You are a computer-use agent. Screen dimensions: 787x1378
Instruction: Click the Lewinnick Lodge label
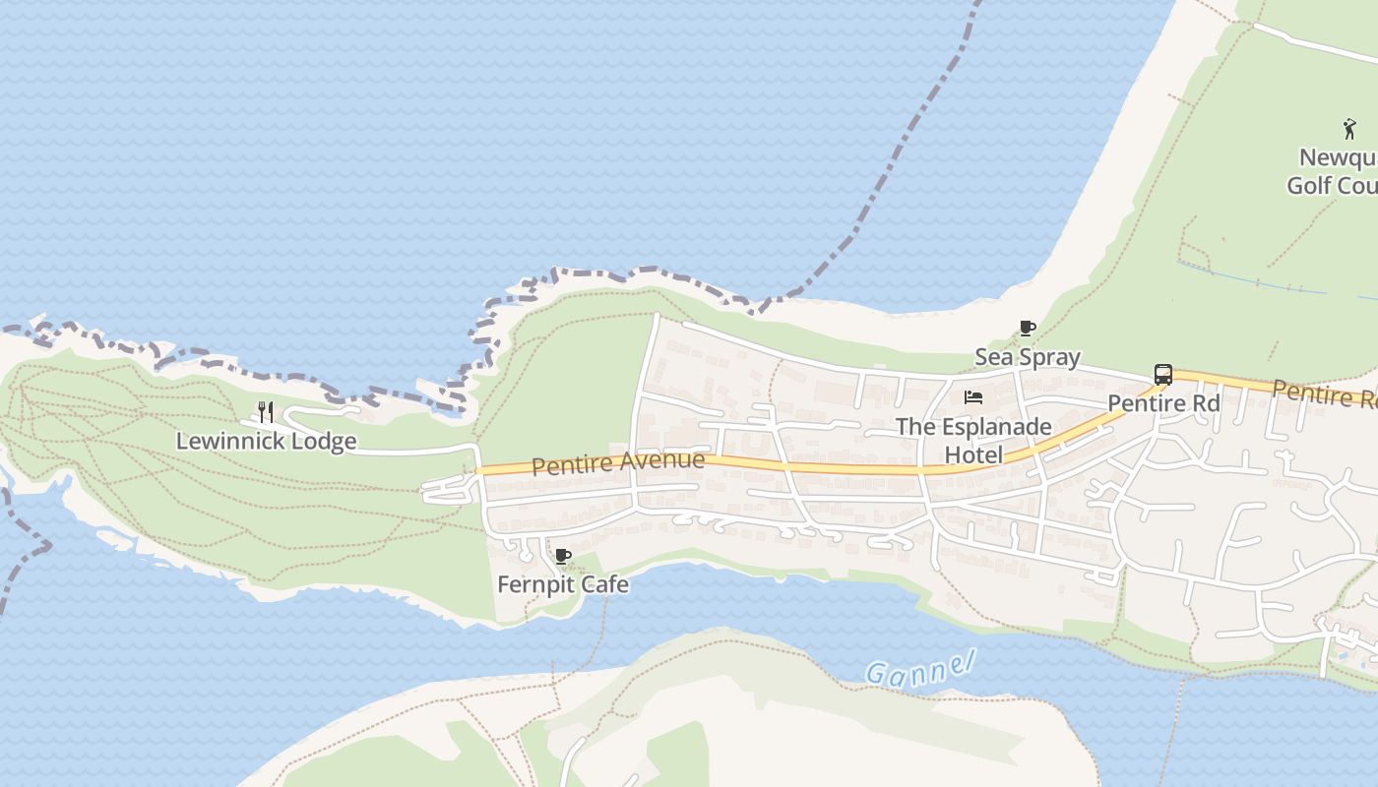[x=266, y=441]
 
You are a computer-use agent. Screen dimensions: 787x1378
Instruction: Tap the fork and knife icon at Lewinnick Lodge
[x=265, y=411]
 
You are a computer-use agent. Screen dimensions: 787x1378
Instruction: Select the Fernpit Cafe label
[x=562, y=584]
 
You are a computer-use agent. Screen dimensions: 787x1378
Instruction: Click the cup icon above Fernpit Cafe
[x=562, y=557]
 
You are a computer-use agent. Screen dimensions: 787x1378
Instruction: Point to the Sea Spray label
[x=1027, y=357]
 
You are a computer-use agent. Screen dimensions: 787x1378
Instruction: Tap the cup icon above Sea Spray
[x=1027, y=329]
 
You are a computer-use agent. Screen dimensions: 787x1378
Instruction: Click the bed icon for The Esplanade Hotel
[x=973, y=397]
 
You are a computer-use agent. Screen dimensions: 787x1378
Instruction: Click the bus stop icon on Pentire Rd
[x=1162, y=375]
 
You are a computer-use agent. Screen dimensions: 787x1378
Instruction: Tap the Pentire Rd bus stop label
[x=1163, y=403]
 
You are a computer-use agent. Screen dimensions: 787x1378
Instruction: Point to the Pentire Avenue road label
[x=618, y=462]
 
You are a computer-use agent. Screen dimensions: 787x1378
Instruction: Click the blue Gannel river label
[x=919, y=669]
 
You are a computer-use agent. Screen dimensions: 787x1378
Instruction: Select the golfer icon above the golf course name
[x=1348, y=129]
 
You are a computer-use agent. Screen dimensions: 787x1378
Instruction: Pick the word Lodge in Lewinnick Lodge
[x=324, y=441]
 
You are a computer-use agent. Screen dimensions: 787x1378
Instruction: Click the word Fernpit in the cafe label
[x=534, y=584]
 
